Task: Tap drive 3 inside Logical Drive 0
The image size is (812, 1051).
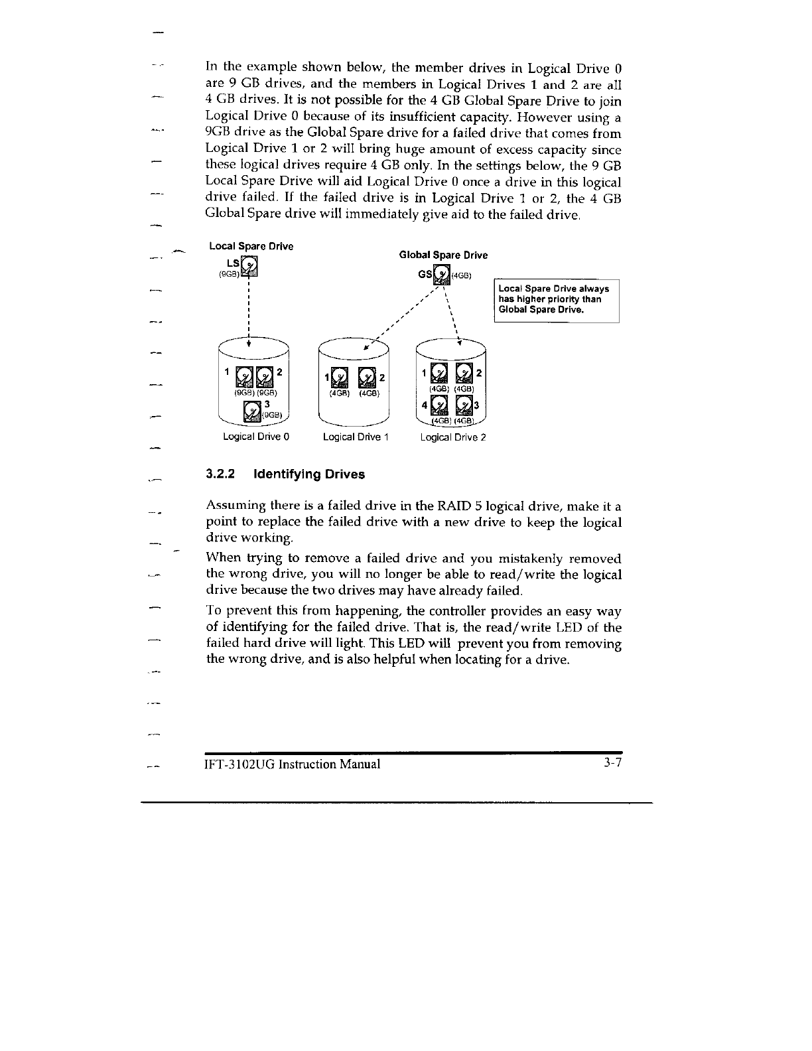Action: (253, 412)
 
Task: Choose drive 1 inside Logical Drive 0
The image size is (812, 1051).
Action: (245, 376)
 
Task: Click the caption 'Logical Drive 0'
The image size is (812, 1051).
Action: (256, 437)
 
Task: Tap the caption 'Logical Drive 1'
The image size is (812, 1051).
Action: (355, 437)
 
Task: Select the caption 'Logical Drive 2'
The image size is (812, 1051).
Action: (453, 437)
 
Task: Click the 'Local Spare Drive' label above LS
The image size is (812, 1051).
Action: (251, 247)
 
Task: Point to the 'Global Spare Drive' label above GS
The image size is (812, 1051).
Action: (443, 255)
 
